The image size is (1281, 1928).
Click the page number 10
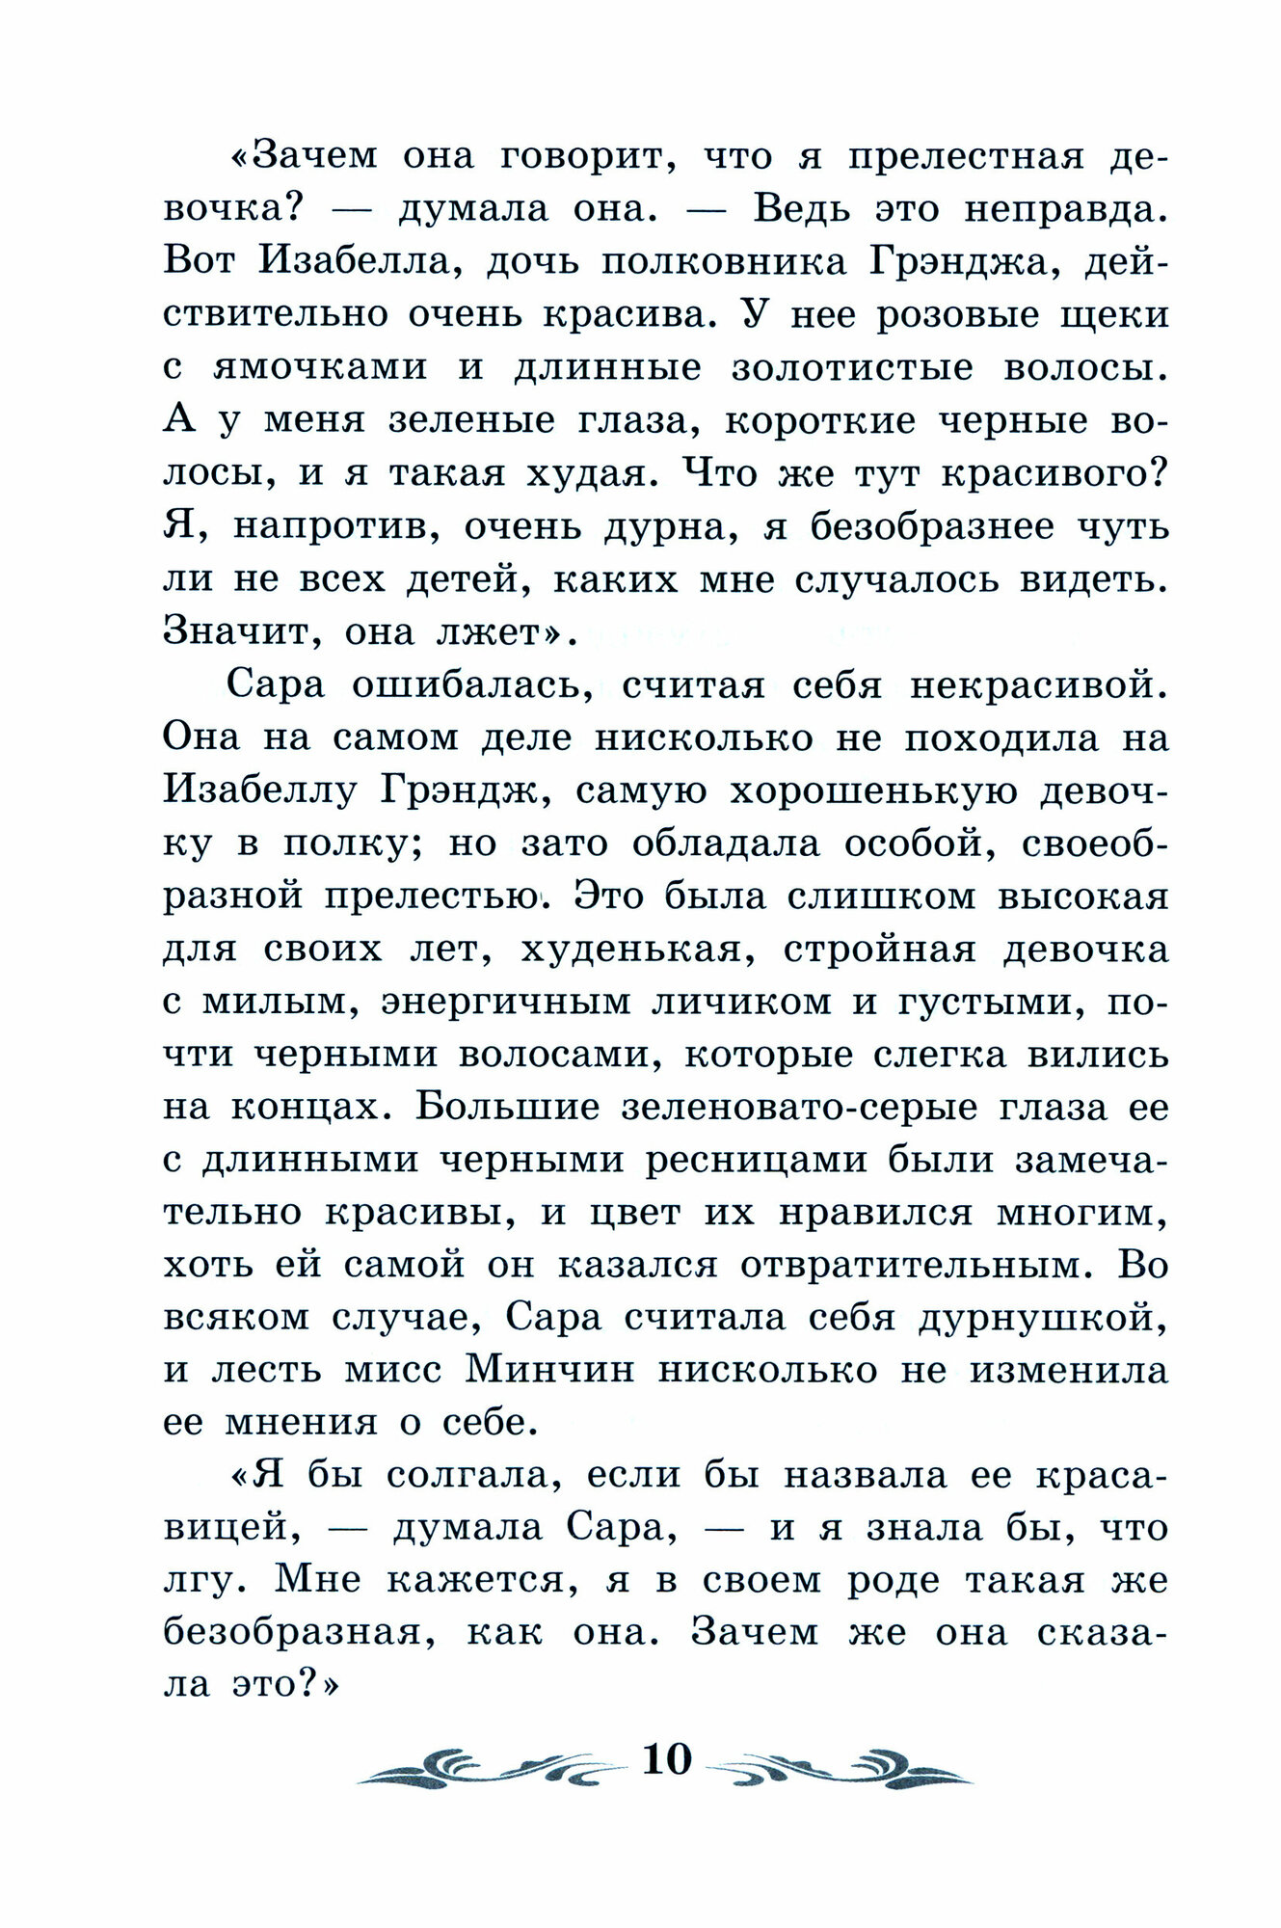666,1760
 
